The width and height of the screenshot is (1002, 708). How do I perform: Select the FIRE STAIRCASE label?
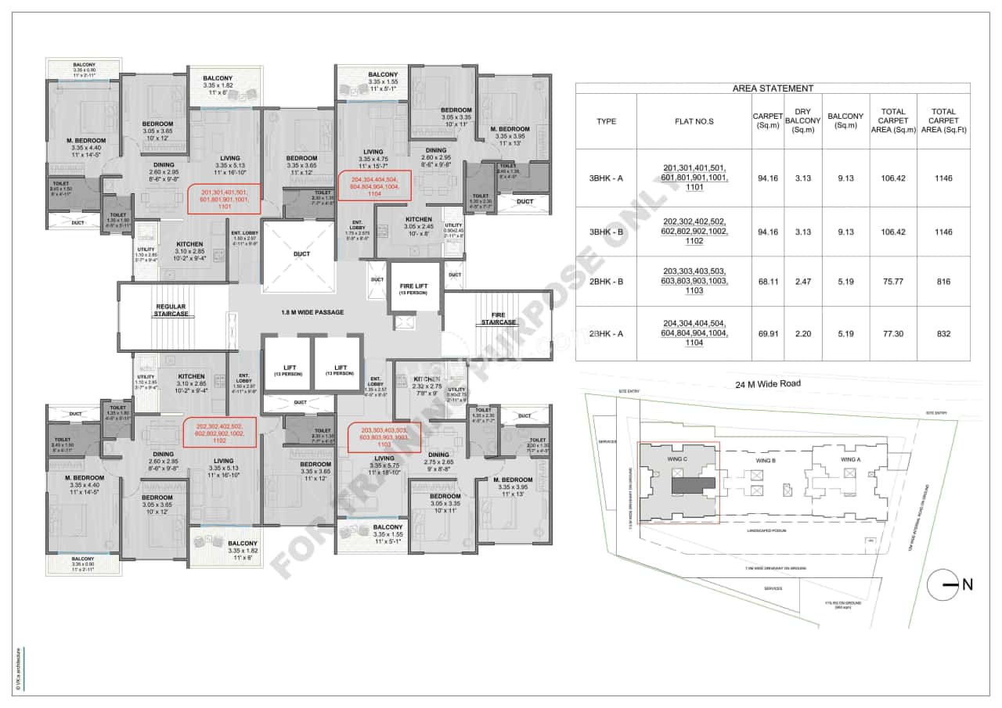tap(498, 318)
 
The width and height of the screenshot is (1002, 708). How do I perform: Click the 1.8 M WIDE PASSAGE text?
tap(312, 312)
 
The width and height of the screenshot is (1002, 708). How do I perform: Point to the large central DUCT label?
tap(301, 253)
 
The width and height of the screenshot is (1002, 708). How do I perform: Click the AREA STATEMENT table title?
tap(772, 88)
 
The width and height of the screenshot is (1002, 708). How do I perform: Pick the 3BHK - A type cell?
tap(606, 178)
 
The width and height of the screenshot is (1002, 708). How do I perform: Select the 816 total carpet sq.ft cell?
tap(943, 282)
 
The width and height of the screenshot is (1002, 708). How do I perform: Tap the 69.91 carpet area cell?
tap(768, 333)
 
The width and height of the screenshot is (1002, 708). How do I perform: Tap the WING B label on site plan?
tap(765, 462)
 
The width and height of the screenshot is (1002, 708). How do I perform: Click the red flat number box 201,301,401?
tap(225, 199)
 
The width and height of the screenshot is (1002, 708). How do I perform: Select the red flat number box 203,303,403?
tap(384, 437)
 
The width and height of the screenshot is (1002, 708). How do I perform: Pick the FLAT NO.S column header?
tap(694, 121)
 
